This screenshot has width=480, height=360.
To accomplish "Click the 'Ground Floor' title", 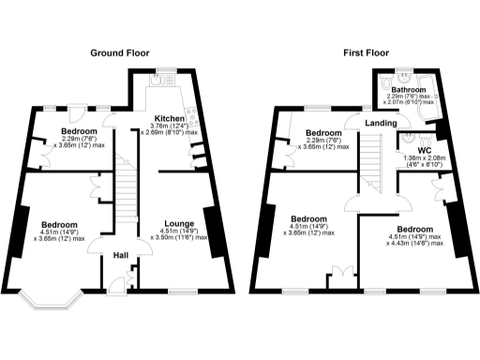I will point(120,54).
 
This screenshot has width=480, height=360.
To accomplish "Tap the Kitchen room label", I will point(170,119).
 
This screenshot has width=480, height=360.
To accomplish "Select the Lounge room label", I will point(178,224).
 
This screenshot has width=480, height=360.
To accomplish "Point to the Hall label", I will point(121,254).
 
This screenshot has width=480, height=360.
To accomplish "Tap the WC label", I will point(424,149).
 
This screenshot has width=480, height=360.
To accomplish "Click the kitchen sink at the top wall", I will point(157,82).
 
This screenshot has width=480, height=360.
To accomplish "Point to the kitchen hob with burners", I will point(193,117).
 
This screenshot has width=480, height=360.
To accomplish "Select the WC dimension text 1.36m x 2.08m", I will point(425,161).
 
